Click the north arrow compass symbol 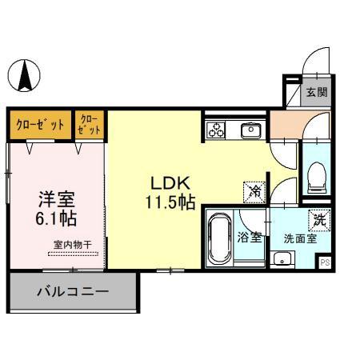point(25,76)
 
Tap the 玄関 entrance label point(317,92)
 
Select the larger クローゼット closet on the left point(41,124)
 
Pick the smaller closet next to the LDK point(90,124)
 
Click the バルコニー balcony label point(72,292)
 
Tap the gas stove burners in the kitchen point(215,130)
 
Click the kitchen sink point(250,129)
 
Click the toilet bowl point(316,174)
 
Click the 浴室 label point(250,237)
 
